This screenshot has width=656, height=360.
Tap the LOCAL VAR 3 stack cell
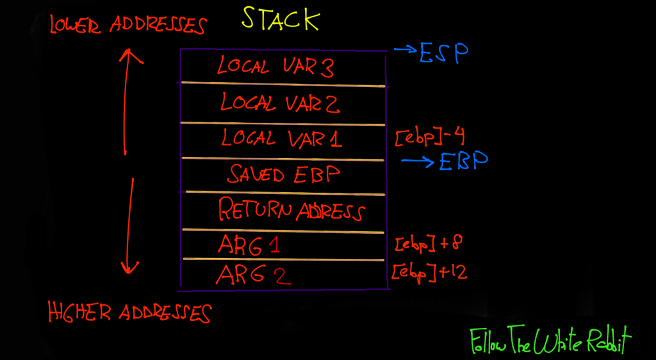(275, 67)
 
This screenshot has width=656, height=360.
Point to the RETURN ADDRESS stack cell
(291, 210)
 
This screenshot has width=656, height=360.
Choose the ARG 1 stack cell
(248, 245)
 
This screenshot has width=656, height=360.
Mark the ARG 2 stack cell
(253, 274)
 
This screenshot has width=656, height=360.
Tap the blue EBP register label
(464, 161)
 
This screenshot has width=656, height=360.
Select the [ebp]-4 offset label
(430, 137)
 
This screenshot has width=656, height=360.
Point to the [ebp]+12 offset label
(429, 272)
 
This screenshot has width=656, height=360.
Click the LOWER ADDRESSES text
(128, 25)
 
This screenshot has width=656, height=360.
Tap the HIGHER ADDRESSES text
(129, 313)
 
